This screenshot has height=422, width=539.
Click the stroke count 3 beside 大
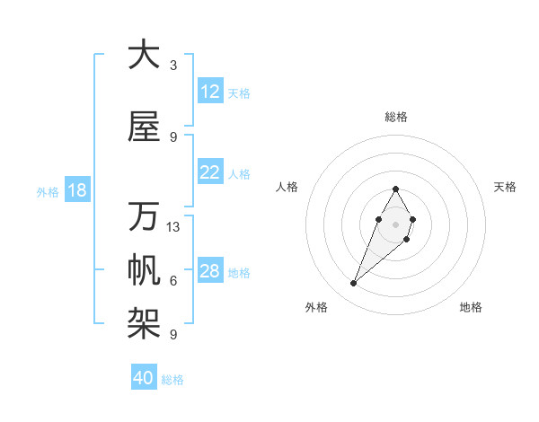173,65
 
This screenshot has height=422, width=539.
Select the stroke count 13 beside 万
173,227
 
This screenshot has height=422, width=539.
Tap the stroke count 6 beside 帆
173,281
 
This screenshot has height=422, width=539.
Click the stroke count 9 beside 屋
173,136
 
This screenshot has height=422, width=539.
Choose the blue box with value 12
210,92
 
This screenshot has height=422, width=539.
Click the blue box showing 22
210,172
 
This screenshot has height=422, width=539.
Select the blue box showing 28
210,271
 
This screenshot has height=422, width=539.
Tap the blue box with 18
76,190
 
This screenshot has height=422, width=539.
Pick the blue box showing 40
144,378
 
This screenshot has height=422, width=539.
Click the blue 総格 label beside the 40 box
172,380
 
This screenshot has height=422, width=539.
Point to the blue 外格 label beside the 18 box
47,191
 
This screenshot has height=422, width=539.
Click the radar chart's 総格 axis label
395,117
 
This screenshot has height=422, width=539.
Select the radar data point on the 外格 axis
354,284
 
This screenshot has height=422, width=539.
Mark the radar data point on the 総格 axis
395,189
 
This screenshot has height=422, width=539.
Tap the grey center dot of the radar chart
395,224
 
